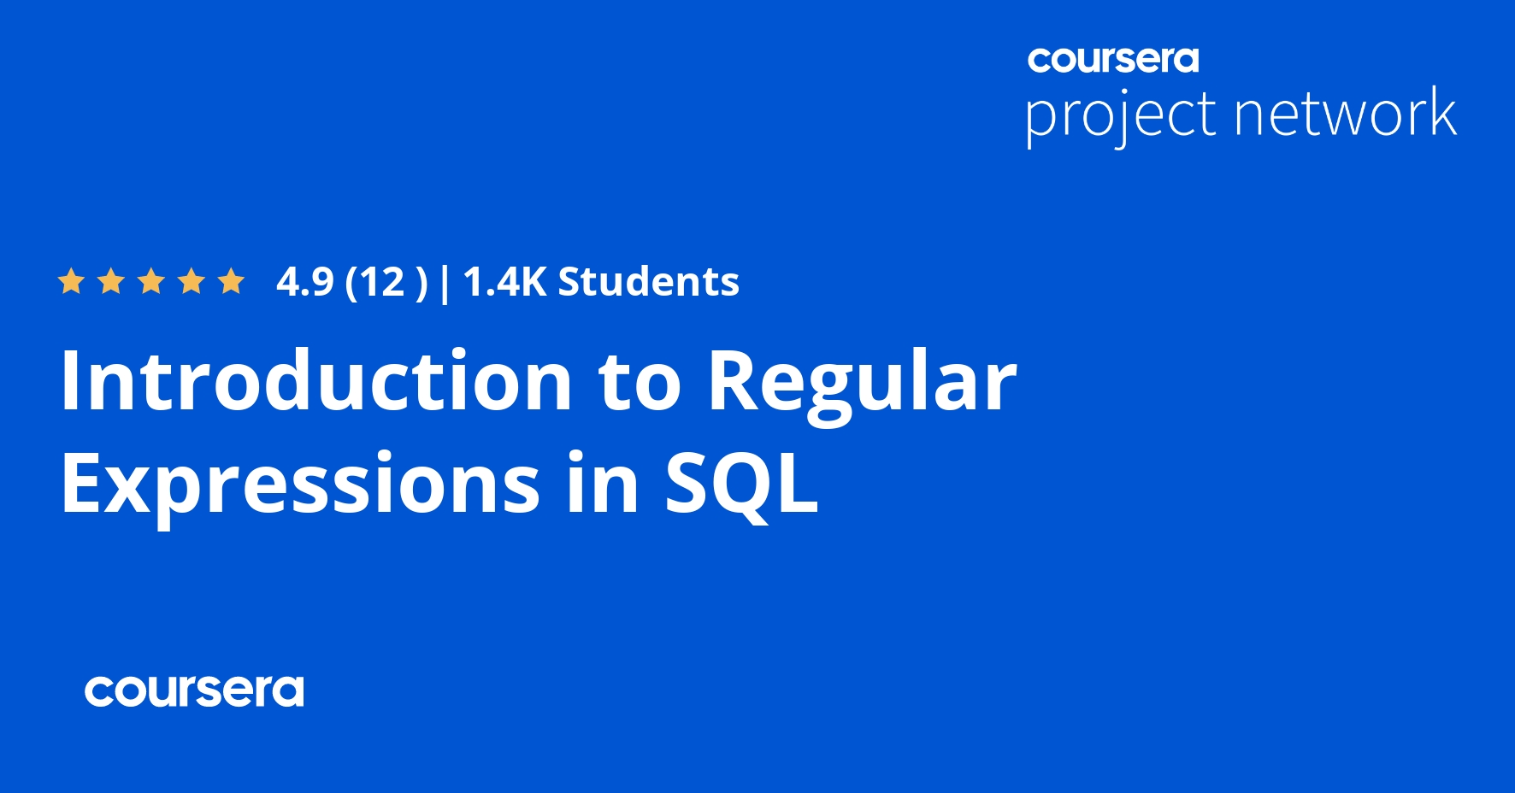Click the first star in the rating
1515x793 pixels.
point(71,281)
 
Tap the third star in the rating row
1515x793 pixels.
point(151,281)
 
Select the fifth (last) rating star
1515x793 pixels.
point(231,281)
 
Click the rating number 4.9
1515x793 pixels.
point(305,282)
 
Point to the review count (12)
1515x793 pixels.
point(385,282)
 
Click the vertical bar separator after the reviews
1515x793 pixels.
point(445,283)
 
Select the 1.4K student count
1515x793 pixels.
point(504,282)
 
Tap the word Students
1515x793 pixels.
point(648,282)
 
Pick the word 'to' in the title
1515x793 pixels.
point(640,381)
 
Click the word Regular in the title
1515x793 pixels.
point(862,383)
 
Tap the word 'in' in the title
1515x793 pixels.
point(602,484)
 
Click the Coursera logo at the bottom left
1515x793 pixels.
point(194,691)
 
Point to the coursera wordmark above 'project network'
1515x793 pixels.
point(1113,59)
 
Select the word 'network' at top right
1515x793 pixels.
point(1346,114)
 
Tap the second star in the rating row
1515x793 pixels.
point(111,281)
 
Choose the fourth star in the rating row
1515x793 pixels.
point(192,281)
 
